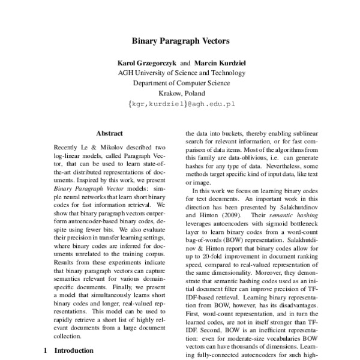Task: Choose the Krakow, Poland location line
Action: (181, 93)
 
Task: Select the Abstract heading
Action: (109, 133)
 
